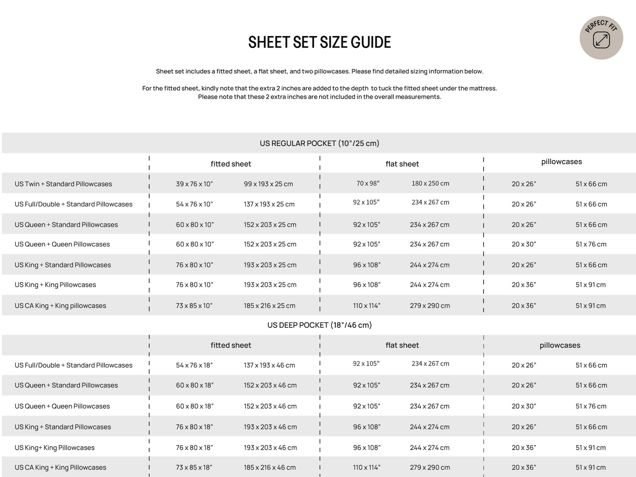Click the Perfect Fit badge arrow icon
601,40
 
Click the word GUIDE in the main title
371,43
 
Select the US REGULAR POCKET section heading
319,143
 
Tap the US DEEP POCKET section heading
319,325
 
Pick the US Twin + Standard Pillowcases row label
63,184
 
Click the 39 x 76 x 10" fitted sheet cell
194,184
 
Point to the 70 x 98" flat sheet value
368,183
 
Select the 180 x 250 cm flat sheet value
430,183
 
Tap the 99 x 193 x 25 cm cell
268,184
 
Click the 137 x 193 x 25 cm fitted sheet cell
269,204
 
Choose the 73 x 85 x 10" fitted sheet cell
194,306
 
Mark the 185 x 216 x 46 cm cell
269,467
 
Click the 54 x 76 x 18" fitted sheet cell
194,365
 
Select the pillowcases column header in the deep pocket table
560,345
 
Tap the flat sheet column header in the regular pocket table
402,164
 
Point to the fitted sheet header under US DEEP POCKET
231,345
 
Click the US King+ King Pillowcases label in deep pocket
55,448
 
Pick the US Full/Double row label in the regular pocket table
74,204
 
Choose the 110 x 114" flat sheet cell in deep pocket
366,467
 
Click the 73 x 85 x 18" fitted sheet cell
194,467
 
